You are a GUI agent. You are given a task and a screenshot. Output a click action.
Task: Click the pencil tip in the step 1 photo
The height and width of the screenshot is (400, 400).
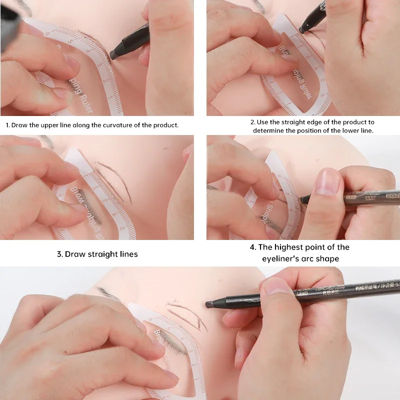coord(114,53)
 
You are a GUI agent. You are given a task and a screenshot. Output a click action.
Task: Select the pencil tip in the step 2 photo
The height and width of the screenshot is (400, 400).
coord(302,29)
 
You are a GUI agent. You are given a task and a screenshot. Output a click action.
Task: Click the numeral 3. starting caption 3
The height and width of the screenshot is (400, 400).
coord(59,254)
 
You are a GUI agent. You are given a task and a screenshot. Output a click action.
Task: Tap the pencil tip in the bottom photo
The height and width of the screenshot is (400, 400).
coord(208,304)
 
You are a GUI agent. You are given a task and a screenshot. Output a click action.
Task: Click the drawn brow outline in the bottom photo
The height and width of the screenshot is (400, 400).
coord(187,312)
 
